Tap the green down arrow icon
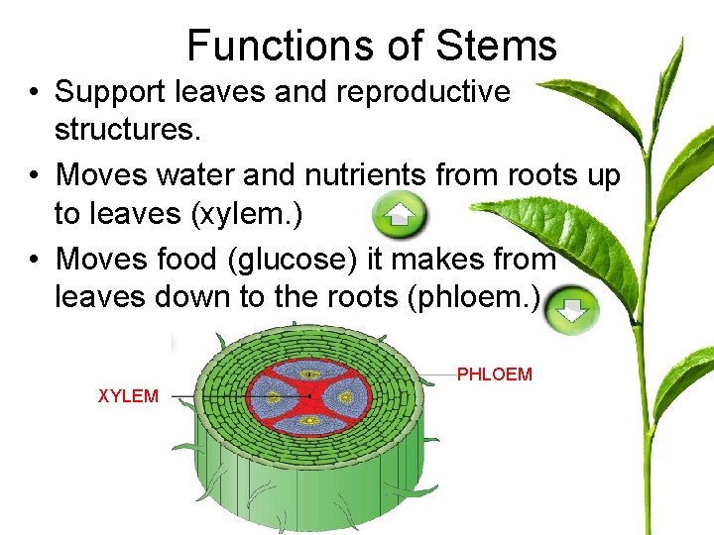(x=572, y=310)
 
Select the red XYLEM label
(x=128, y=396)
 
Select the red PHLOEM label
(x=494, y=374)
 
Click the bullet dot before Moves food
(x=33, y=261)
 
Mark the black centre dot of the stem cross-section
(x=310, y=395)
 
